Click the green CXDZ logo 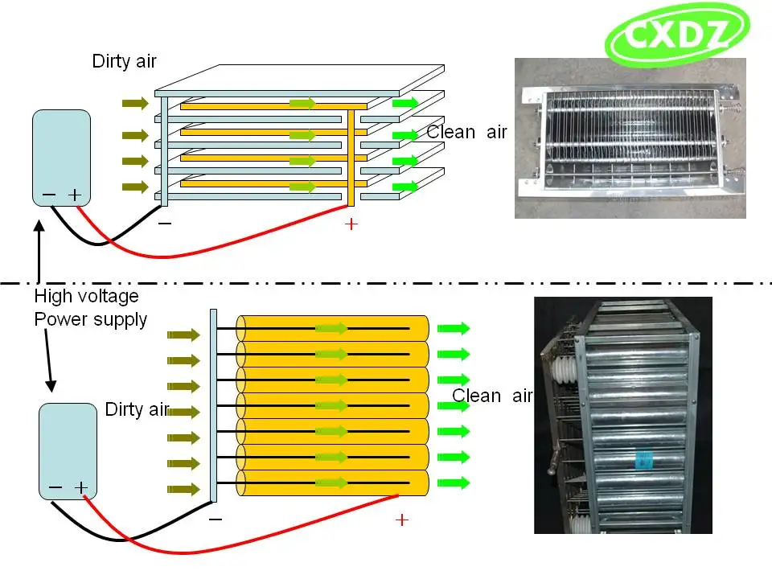pos(677,35)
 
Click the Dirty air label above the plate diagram pos(124,61)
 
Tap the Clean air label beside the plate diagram pos(466,132)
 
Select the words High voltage pos(86,296)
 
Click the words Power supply pos(91,319)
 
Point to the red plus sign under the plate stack pos(351,224)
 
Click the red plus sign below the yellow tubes pos(402,520)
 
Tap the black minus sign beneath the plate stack pos(165,224)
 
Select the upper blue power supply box pos(62,158)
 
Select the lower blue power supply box pos(68,451)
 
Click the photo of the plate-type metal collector pos(630,138)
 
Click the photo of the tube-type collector pos(623,415)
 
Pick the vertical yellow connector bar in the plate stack pos(351,158)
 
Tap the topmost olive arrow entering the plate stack pos(135,104)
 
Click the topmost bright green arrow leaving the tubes pos(454,328)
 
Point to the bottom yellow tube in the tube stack pos(332,482)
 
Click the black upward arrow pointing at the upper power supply pos(39,252)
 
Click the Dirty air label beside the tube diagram pos(138,409)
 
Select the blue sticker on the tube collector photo pos(643,459)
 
